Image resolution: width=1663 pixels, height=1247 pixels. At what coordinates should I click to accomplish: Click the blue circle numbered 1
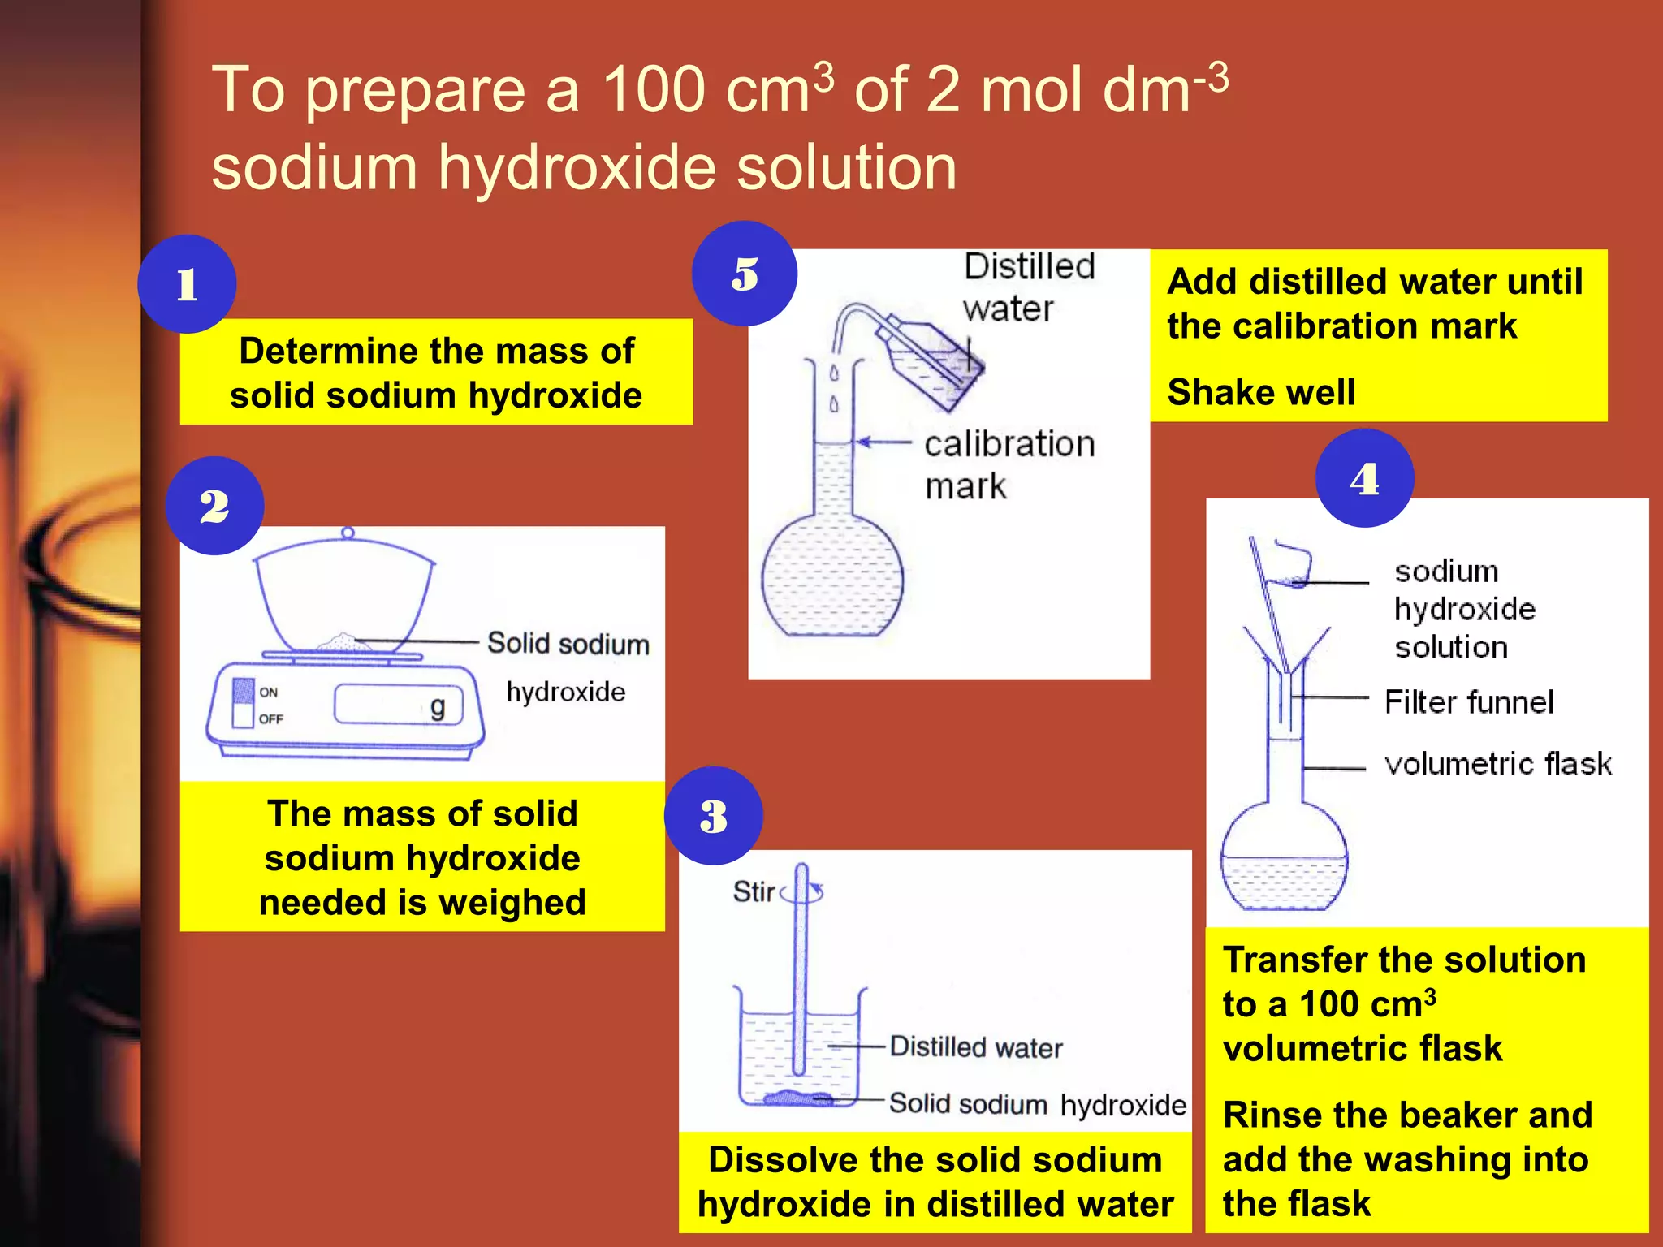pyautogui.click(x=187, y=284)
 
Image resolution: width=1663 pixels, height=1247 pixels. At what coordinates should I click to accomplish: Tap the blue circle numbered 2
pyautogui.click(x=214, y=506)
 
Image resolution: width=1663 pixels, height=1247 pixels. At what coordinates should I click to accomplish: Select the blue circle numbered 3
pyautogui.click(x=713, y=815)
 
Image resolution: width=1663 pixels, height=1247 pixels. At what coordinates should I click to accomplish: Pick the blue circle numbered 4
pyautogui.click(x=1364, y=478)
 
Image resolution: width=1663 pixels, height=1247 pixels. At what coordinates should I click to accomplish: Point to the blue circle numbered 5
pyautogui.click(x=744, y=274)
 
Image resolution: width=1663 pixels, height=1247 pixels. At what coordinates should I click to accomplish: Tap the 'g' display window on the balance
pyautogui.click(x=398, y=705)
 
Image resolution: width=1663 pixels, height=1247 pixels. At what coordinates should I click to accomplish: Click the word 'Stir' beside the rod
pyautogui.click(x=754, y=891)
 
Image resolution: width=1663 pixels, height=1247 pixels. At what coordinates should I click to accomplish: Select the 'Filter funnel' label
pyautogui.click(x=1468, y=702)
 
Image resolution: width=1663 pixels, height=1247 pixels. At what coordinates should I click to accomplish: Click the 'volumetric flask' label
pyautogui.click(x=1497, y=764)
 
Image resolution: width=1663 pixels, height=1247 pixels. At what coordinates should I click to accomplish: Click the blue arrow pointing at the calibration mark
pyautogui.click(x=885, y=442)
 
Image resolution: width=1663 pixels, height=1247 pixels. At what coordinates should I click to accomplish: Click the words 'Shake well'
pyautogui.click(x=1261, y=392)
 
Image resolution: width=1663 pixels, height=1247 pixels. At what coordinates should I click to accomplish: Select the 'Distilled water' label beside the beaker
pyautogui.click(x=976, y=1047)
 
